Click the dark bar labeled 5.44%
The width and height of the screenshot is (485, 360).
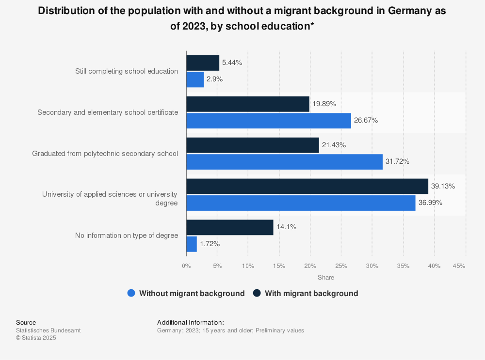pyautogui.click(x=203, y=63)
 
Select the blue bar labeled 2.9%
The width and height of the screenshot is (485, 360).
pyautogui.click(x=195, y=79)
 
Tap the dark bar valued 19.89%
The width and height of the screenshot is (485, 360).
pyautogui.click(x=248, y=104)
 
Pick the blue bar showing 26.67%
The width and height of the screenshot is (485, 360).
pyautogui.click(x=269, y=121)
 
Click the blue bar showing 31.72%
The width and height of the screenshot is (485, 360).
pyautogui.click(x=284, y=162)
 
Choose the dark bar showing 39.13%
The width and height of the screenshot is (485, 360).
pyautogui.click(x=307, y=186)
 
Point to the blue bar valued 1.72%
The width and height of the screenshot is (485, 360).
pyautogui.click(x=192, y=244)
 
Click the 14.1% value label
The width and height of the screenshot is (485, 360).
pyautogui.click(x=287, y=227)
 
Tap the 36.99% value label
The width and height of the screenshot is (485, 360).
pyautogui.click(x=430, y=203)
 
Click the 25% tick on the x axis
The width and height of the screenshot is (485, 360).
pyautogui.click(x=341, y=266)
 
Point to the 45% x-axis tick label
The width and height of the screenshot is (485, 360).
pyautogui.click(x=459, y=266)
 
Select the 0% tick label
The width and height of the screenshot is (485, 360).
pyautogui.click(x=186, y=266)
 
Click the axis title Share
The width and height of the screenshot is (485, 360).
pyautogui.click(x=326, y=278)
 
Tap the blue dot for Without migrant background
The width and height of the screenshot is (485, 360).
pyautogui.click(x=131, y=293)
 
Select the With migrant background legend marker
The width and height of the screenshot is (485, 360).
pyautogui.click(x=257, y=293)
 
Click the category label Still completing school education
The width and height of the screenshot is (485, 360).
pyautogui.click(x=127, y=71)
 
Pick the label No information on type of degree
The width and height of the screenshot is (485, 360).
pyautogui.click(x=127, y=235)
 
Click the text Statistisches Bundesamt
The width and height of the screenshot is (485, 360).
pyautogui.click(x=48, y=330)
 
